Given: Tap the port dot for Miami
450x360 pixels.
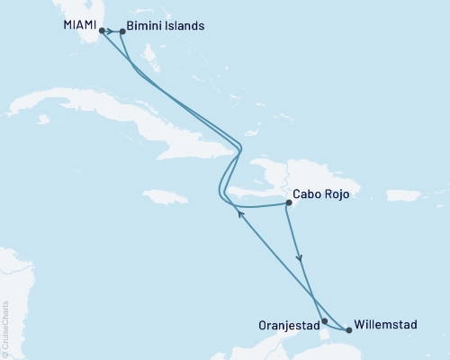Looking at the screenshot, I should [x=102, y=30].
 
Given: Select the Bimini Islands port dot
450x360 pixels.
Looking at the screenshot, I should [x=122, y=31].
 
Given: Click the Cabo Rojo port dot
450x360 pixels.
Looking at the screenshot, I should [x=288, y=203].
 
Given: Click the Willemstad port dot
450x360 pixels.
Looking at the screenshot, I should [x=348, y=330].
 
